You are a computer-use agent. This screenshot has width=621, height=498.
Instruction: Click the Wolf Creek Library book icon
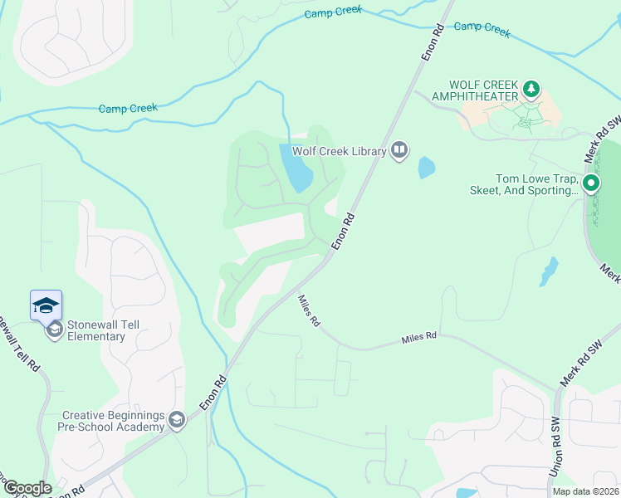[399, 150]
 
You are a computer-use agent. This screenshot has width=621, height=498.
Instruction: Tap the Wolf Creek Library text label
[339, 151]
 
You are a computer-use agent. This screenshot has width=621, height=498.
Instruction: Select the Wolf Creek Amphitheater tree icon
[531, 88]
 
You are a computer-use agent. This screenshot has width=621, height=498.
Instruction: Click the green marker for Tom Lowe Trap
[591, 183]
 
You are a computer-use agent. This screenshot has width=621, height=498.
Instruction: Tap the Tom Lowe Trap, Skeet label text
[536, 184]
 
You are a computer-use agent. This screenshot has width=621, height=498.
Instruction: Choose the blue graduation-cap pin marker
[46, 305]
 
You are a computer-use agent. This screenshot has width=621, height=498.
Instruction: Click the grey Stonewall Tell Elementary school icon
[54, 330]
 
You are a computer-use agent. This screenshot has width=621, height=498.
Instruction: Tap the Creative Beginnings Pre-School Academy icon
[176, 421]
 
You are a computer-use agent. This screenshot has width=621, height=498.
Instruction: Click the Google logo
[27, 488]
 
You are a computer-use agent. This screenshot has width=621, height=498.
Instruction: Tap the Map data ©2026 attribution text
[585, 491]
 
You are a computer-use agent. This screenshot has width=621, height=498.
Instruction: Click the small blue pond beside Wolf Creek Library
[426, 168]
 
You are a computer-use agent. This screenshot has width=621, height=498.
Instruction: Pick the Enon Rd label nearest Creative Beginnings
[213, 393]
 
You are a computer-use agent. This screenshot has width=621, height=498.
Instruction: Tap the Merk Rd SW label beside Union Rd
[579, 365]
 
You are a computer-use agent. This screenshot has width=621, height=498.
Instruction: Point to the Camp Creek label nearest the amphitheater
[482, 28]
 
